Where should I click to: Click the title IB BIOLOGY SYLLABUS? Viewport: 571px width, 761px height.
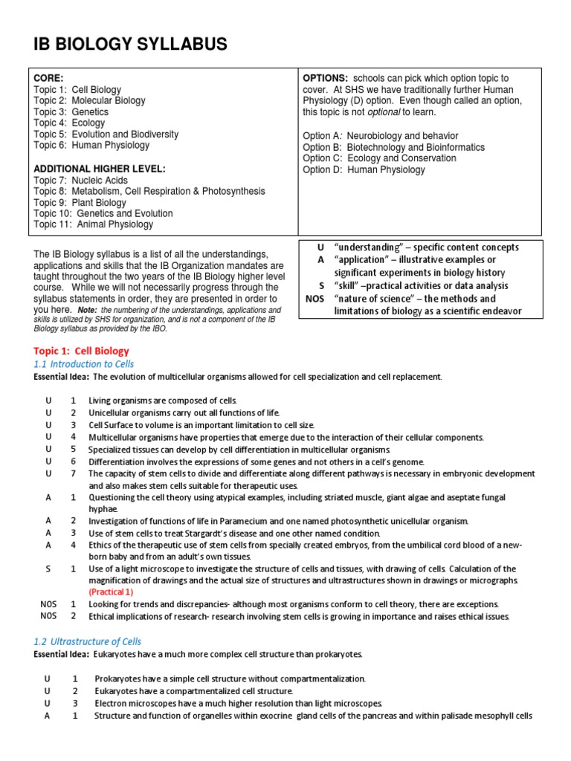[130, 45]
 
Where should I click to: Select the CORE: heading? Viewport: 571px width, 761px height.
[48, 78]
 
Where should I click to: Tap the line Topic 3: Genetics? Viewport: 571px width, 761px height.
[71, 112]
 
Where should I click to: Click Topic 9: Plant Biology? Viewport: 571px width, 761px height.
[80, 202]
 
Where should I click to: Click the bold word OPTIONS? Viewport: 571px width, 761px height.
[326, 78]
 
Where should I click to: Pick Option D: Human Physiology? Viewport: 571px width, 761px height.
[364, 169]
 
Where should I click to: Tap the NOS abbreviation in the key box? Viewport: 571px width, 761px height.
[315, 298]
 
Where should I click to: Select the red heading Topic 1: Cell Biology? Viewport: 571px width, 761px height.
[81, 351]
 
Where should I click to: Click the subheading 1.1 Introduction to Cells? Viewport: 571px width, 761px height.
[84, 364]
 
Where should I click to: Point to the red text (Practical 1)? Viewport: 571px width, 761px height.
[111, 592]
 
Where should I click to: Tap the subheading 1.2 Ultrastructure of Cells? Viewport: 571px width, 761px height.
[87, 641]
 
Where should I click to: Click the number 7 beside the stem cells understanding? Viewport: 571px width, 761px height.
[73, 473]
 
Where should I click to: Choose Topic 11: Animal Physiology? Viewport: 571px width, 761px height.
[94, 224]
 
